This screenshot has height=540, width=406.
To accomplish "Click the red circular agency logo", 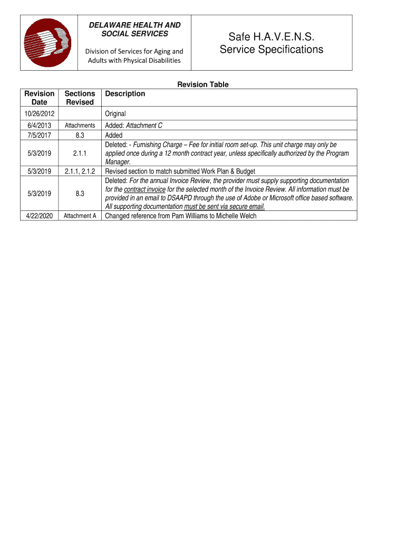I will [48, 43].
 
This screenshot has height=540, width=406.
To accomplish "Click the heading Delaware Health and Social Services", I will [134, 30].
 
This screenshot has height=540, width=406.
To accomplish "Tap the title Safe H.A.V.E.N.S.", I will [271, 37].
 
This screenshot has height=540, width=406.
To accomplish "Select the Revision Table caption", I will [202, 84].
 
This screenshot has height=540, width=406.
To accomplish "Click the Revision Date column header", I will [39, 98].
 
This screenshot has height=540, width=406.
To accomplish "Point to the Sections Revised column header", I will [80, 98].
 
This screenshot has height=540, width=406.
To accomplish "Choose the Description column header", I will [125, 94].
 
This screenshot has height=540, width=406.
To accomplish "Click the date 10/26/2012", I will [39, 114].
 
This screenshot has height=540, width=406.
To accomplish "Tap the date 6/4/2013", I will [39, 126].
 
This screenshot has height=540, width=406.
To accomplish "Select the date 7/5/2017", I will [39, 136].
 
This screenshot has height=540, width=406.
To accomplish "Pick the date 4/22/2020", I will [39, 216].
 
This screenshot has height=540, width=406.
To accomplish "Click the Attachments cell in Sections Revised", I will [80, 126].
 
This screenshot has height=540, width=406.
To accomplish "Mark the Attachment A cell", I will [80, 216].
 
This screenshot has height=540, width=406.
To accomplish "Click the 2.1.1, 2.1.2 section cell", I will [80, 171].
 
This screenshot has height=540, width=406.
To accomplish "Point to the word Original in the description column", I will [115, 114].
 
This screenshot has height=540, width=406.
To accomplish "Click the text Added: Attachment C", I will [133, 126].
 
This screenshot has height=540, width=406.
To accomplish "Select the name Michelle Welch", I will [236, 216].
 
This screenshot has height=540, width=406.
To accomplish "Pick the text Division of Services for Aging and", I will [134, 51].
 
